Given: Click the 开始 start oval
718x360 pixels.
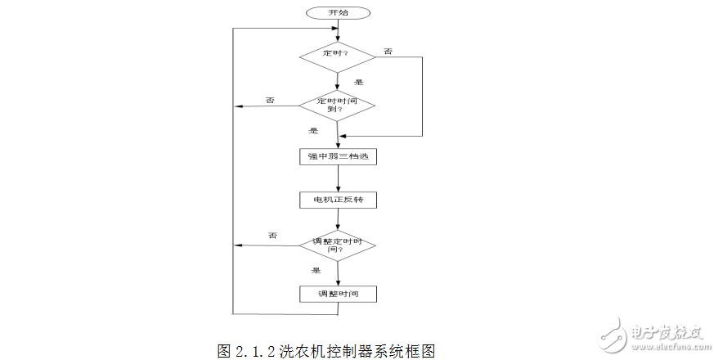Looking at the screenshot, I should click(x=338, y=13).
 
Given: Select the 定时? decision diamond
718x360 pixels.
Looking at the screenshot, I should click(x=338, y=56).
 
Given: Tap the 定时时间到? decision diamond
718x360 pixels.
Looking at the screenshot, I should click(x=338, y=106).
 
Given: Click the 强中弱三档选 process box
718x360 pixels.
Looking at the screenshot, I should click(x=338, y=156).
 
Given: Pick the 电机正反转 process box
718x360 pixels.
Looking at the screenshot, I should click(x=338, y=200).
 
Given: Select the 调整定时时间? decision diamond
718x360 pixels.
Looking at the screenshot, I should click(x=338, y=245).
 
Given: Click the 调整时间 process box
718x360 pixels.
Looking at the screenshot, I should click(x=338, y=293).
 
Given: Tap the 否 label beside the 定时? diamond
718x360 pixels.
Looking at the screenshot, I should click(x=388, y=52).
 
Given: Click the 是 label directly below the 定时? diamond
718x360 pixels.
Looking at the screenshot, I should click(x=358, y=83).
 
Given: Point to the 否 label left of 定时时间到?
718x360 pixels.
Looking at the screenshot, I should click(x=270, y=100).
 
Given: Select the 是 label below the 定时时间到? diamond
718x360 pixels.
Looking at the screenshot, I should click(x=313, y=131).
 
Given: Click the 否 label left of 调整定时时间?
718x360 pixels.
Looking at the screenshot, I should click(x=272, y=236).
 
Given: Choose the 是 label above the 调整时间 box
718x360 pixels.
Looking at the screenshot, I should click(x=316, y=270).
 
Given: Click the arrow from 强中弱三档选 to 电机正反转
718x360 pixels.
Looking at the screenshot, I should click(x=338, y=178).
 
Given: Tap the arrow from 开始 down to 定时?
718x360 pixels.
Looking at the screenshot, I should click(x=338, y=31).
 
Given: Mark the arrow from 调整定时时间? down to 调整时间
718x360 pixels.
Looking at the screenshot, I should click(x=338, y=273).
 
